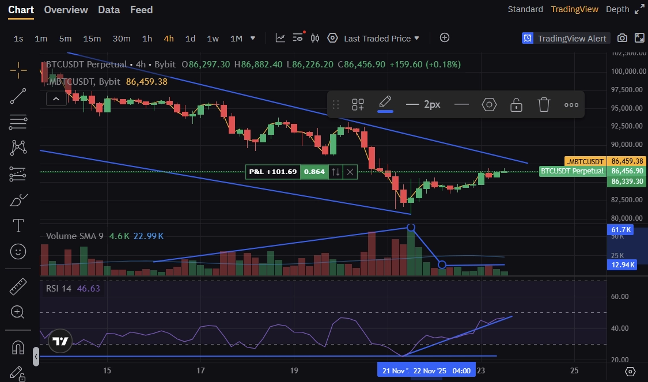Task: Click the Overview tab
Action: pyautogui.click(x=66, y=10)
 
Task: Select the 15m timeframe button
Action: pyautogui.click(x=92, y=39)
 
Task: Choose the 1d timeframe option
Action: pyautogui.click(x=190, y=39)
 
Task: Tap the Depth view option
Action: pyautogui.click(x=617, y=9)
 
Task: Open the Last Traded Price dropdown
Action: pyautogui.click(x=381, y=39)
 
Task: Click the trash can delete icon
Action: pyautogui.click(x=544, y=104)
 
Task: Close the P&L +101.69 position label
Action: pyautogui.click(x=350, y=172)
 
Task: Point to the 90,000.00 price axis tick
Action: pyautogui.click(x=627, y=145)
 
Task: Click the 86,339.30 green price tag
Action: pyautogui.click(x=627, y=181)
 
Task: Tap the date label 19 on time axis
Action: pyautogui.click(x=294, y=370)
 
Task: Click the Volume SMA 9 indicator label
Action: pyautogui.click(x=74, y=236)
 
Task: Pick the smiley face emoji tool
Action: pyautogui.click(x=18, y=251)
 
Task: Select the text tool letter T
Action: pyautogui.click(x=18, y=225)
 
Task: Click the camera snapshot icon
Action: pyautogui.click(x=622, y=38)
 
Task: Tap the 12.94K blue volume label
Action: pyautogui.click(x=623, y=264)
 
